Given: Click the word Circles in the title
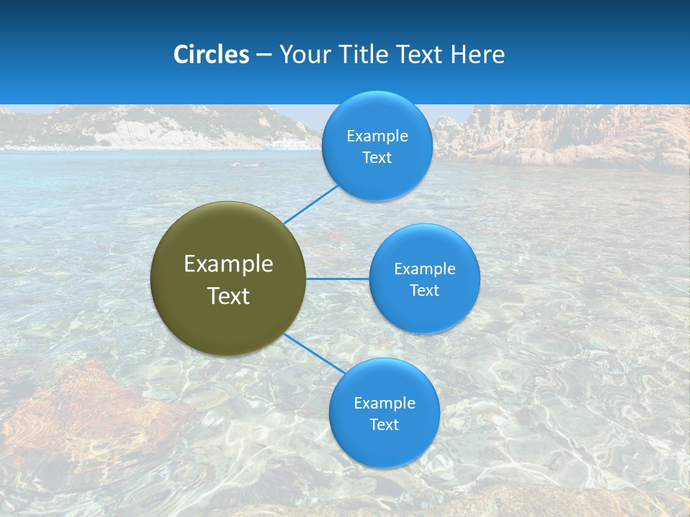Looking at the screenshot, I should tap(211, 55).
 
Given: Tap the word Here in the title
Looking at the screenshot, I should tap(477, 55).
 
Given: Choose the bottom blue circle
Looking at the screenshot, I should tap(385, 449).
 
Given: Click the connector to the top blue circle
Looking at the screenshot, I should tap(310, 205).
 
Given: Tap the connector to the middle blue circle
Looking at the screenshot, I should tap(337, 279).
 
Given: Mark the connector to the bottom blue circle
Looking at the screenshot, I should tap(315, 353).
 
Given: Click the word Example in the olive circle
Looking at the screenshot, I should tap(229, 264).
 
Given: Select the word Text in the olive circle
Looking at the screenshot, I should tap(229, 296).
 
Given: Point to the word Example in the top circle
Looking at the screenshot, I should tap(377, 136).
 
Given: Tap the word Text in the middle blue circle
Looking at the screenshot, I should tap(425, 291).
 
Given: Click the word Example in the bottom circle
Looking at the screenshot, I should tap(385, 404).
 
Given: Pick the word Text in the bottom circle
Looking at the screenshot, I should tap(385, 425).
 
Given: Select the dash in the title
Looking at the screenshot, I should tap(264, 55).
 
